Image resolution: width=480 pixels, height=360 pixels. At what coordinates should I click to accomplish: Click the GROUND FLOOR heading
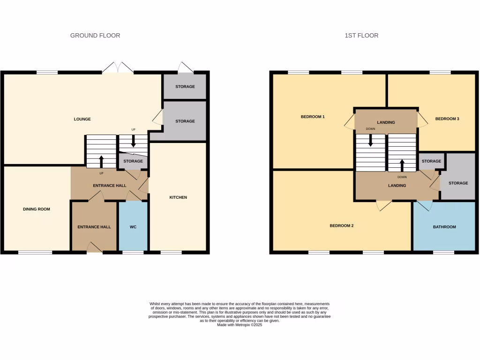pyautogui.click(x=95, y=36)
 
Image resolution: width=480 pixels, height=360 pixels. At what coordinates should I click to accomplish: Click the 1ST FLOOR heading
pyautogui.click(x=361, y=36)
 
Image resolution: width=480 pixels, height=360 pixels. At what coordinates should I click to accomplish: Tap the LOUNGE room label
pyautogui.click(x=82, y=119)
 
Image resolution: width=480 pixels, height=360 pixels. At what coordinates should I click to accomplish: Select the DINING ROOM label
pyautogui.click(x=36, y=209)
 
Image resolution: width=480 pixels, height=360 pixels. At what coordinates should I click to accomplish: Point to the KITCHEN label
pyautogui.click(x=178, y=197)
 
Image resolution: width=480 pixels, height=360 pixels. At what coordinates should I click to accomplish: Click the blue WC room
pyautogui.click(x=133, y=227)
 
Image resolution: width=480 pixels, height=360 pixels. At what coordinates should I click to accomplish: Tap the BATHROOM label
pyautogui.click(x=444, y=227)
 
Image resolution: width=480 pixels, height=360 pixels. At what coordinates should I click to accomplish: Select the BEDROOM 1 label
pyautogui.click(x=313, y=117)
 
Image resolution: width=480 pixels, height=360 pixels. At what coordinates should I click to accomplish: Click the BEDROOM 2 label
pyautogui.click(x=341, y=225)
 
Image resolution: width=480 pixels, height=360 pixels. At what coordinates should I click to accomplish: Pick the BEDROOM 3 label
pyautogui.click(x=447, y=119)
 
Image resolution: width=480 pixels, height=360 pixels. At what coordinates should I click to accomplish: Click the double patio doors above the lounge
pyautogui.click(x=118, y=68)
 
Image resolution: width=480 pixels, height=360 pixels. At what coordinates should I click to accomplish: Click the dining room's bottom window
pyautogui.click(x=35, y=253)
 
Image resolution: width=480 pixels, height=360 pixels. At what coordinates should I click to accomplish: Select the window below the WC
pyautogui.click(x=133, y=253)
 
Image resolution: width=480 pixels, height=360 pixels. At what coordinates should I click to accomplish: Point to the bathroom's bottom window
pyautogui.click(x=443, y=253)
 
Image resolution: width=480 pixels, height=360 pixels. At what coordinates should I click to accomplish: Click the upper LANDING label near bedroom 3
pyautogui.click(x=386, y=122)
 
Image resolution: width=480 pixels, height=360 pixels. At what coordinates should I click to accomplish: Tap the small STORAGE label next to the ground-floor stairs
pyautogui.click(x=133, y=161)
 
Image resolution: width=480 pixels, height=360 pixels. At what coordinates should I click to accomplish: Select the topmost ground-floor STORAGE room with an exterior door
pyautogui.click(x=185, y=87)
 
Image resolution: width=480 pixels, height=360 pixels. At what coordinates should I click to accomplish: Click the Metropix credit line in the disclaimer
pyautogui.click(x=240, y=325)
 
